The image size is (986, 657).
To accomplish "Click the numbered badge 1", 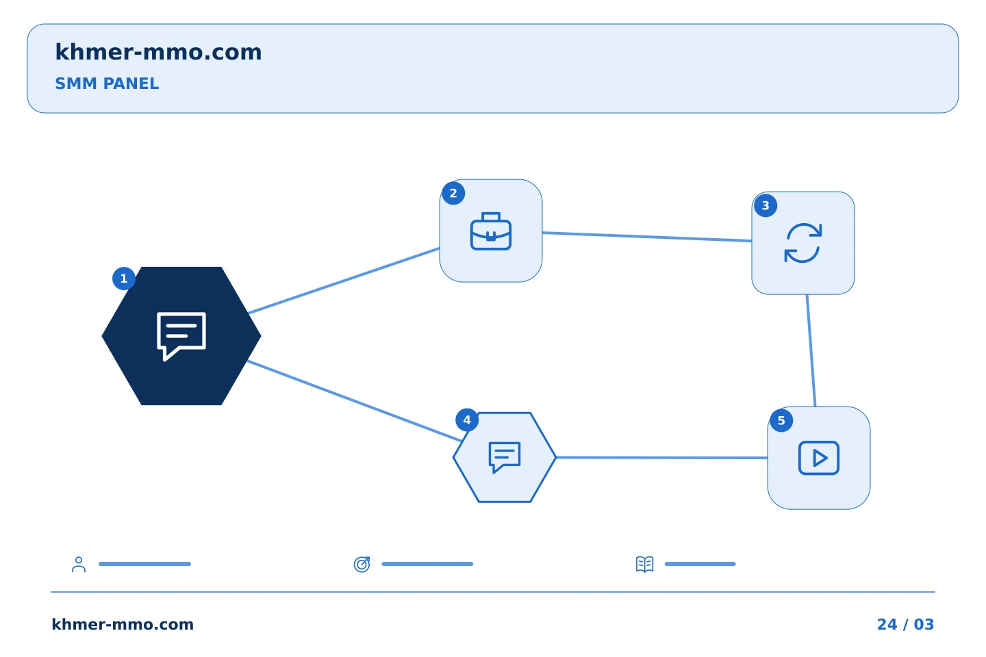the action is coord(124,279).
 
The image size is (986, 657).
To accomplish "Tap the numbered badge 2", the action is coord(453,193).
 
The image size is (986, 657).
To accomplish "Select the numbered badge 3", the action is coord(766,205).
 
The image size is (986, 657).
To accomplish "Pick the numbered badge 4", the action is coord(467,420).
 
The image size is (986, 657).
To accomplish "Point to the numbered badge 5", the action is coord(781,421).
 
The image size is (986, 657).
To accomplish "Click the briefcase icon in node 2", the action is coord(491,231).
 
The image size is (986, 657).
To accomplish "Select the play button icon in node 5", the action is coord(819,458).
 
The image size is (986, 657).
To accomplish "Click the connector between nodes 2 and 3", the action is coord(647,237).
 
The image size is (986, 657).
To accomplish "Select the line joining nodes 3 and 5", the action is coord(811,350).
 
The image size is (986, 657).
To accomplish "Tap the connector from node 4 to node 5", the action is coord(661,458).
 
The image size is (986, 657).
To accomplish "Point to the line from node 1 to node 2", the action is coord(344,281).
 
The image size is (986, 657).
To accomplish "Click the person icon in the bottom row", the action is coord(79,565).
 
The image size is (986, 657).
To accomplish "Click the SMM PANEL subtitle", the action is coord(107,83).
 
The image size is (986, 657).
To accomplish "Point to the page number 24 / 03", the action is coord(905,624).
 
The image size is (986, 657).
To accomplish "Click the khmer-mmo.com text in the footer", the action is coord(123,624).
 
